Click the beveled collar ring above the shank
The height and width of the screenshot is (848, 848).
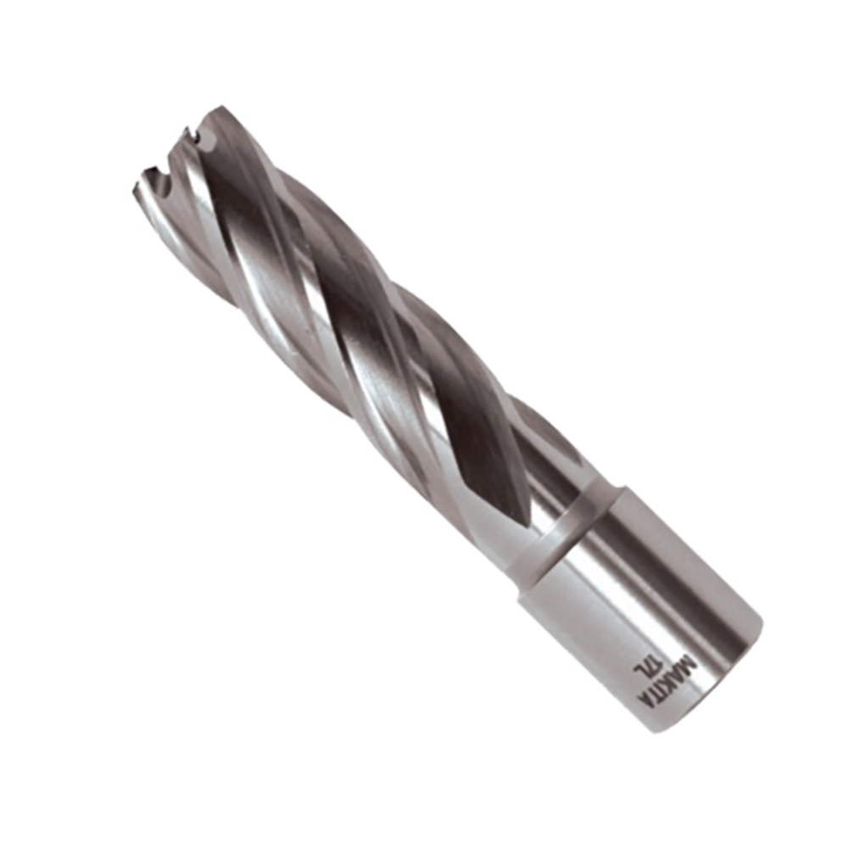point(568,534)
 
